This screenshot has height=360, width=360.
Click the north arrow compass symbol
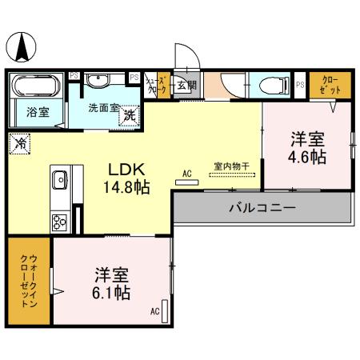pos(22,49)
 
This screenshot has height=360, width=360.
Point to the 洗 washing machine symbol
pos(130,115)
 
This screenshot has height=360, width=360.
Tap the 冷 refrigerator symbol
pos(18,145)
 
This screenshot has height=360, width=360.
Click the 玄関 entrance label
pos(185,86)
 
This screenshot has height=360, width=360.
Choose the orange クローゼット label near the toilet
pos(329,84)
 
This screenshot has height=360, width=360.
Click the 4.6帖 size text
pos(307,158)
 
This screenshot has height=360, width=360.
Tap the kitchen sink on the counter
pos(60,180)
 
